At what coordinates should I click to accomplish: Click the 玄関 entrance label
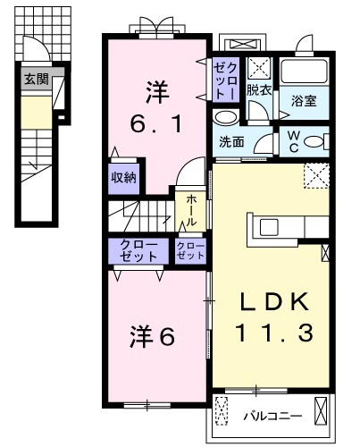35,78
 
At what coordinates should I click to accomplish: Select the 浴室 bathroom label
305,101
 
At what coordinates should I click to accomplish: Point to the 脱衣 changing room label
259,89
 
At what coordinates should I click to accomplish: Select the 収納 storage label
123,176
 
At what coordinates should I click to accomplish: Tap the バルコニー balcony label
272,416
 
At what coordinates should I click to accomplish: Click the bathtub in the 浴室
306,73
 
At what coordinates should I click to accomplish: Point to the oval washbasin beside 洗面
227,117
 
